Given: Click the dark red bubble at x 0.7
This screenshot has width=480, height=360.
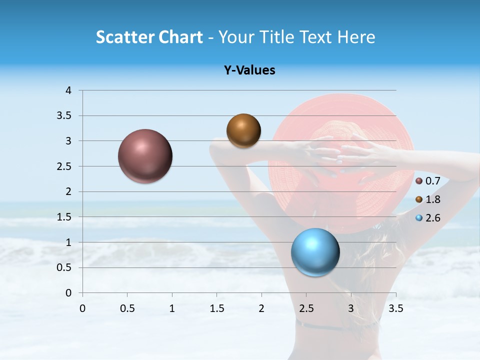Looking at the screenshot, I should pos(145,156).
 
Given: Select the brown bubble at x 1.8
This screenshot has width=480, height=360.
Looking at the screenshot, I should pos(243,130).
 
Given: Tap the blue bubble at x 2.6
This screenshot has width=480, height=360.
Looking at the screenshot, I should pos(315,252).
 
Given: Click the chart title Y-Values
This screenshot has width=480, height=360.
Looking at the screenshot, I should pos(249,70).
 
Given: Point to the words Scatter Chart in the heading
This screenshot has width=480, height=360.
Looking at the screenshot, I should pos(149,37).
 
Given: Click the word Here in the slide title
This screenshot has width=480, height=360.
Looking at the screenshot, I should pos(355,37).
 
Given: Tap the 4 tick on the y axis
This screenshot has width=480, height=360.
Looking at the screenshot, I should pos(68,90).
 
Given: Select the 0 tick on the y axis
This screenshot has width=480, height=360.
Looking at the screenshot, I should pos(68,293).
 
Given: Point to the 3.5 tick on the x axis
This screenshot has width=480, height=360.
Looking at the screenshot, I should pos(395,308).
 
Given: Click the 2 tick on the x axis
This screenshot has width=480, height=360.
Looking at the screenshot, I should pos(261,308).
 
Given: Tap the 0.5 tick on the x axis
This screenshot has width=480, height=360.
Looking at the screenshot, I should pos(127,308).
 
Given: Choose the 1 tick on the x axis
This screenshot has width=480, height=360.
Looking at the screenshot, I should pos(172,308).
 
